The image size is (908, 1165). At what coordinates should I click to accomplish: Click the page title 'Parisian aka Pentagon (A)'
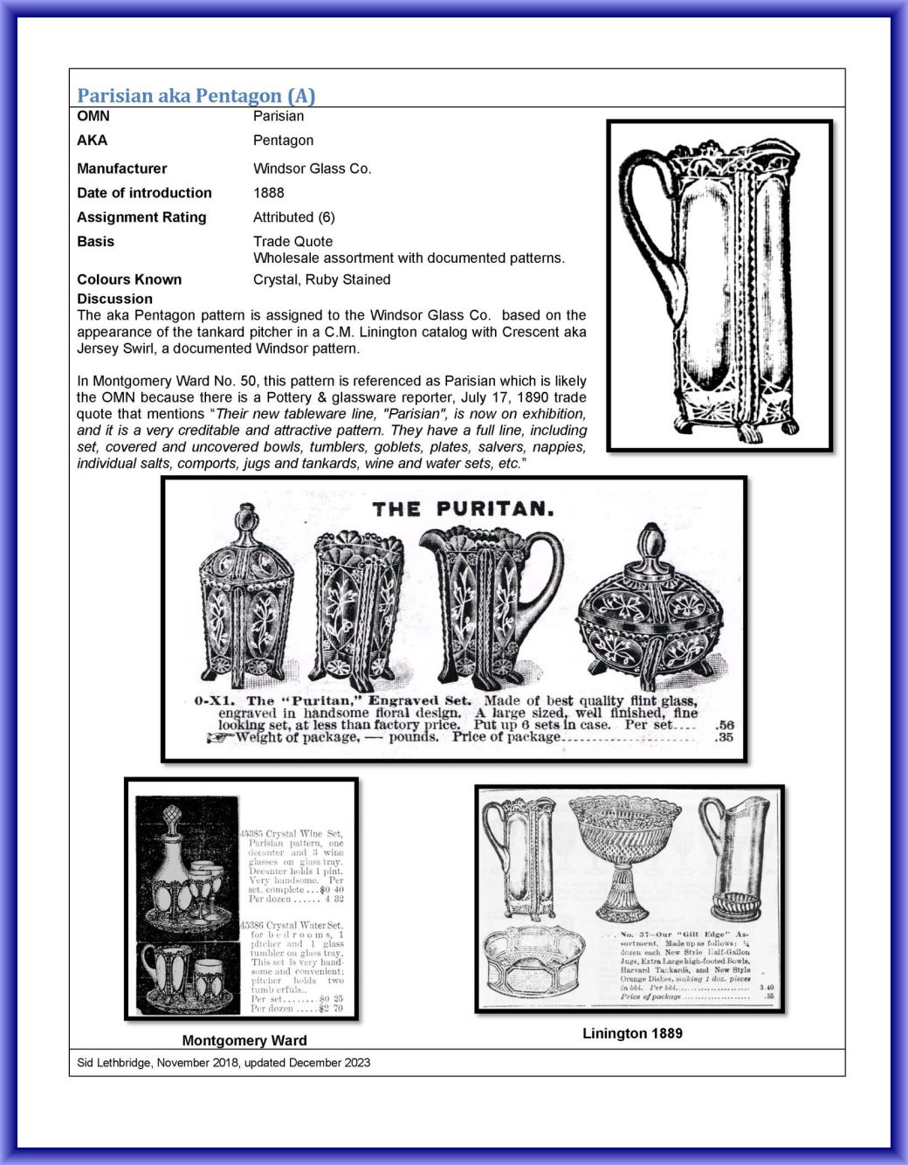tap(196, 95)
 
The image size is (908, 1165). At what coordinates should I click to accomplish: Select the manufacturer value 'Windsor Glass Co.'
tap(312, 169)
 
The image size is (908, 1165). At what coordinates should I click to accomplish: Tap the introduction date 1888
tap(268, 193)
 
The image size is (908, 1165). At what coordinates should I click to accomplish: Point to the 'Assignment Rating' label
tap(141, 217)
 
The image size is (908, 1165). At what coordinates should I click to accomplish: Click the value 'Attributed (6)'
tap(293, 217)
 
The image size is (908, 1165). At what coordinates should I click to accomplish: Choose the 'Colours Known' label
tap(129, 279)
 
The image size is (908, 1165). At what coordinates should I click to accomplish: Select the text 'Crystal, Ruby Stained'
tap(321, 279)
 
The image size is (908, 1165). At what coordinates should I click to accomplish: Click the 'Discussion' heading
tap(114, 299)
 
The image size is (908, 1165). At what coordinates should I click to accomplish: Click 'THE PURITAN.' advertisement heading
tap(463, 509)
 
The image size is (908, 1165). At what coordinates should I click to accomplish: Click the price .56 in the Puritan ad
tap(724, 725)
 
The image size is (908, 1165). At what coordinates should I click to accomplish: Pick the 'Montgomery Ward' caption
tap(244, 1040)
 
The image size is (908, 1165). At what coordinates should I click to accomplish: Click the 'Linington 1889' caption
tap(632, 1033)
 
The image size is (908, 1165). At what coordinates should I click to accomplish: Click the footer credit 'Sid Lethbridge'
tap(114, 1063)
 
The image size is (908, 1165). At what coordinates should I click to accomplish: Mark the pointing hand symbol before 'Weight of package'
tap(218, 738)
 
